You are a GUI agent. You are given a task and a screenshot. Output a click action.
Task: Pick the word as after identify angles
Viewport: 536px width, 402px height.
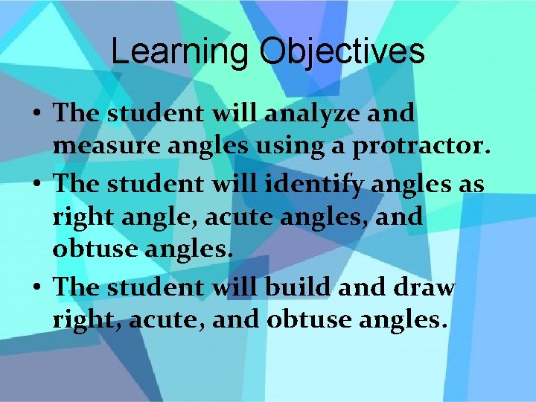(x=468, y=183)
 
